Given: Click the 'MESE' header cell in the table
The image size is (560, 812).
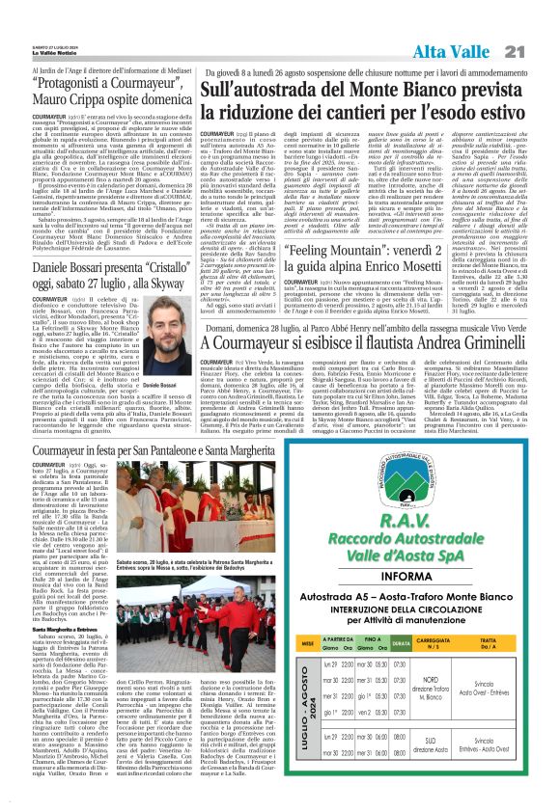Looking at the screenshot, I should (281, 668).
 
